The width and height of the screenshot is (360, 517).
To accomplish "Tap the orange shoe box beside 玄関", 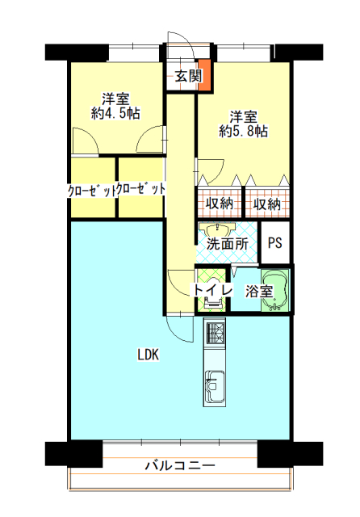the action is click(203, 75).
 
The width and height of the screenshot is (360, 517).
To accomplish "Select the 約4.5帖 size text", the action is click(115, 113).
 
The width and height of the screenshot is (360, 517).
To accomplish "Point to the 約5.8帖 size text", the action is click(244, 132).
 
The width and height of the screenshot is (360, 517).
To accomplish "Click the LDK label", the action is click(149, 355).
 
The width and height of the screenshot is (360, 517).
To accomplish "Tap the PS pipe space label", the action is click(275, 243).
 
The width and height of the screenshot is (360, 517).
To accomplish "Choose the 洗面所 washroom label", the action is click(228, 244).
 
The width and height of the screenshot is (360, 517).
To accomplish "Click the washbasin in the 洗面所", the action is click(217, 229).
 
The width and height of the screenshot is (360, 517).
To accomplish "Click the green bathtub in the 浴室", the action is click(275, 291).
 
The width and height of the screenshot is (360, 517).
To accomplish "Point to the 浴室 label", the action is click(259, 291).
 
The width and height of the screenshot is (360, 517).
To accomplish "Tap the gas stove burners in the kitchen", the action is click(215, 334).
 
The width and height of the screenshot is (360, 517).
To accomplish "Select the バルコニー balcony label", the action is click(180, 466).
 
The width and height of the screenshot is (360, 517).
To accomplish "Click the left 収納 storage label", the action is click(220, 204).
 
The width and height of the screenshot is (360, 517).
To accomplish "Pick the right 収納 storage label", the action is click(267, 204).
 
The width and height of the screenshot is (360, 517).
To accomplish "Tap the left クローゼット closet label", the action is click(92, 191).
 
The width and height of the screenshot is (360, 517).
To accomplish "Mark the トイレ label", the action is click(212, 290).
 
